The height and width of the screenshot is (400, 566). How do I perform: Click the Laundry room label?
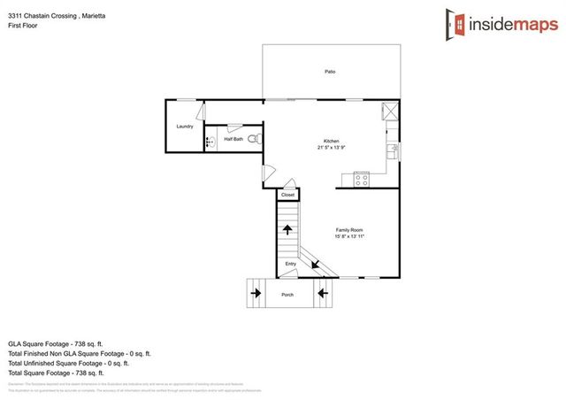[184, 127]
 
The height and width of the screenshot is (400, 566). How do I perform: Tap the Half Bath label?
[233, 139]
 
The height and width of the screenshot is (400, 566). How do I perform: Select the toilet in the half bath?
[253, 139]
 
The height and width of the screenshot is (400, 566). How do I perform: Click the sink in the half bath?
[210, 141]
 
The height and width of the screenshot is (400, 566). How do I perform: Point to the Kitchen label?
[331, 142]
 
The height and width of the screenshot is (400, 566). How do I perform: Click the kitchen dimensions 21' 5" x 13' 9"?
[331, 148]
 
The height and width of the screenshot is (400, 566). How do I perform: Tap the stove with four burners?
[361, 180]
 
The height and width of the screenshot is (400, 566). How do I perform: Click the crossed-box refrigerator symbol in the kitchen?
[389, 112]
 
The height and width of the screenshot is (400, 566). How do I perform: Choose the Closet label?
[287, 195]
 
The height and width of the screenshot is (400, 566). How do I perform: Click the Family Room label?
[349, 230]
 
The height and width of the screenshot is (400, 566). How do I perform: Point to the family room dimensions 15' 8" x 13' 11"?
[349, 236]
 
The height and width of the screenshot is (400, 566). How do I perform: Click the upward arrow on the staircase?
[287, 229]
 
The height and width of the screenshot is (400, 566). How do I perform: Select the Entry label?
[290, 264]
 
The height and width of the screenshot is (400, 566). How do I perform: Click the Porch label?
[287, 294]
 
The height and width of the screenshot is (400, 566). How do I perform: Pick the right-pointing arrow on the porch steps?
[256, 291]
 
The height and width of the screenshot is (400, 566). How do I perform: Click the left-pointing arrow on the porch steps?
[322, 291]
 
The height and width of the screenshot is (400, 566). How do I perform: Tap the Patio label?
[330, 72]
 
